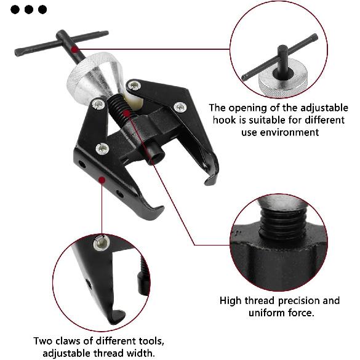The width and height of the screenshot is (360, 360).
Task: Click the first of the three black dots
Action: tap(15, 9)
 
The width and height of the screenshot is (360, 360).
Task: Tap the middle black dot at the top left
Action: tap(28, 9)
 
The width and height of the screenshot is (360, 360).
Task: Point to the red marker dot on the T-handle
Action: tap(74, 49)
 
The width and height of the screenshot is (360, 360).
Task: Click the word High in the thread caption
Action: tap(232, 300)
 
